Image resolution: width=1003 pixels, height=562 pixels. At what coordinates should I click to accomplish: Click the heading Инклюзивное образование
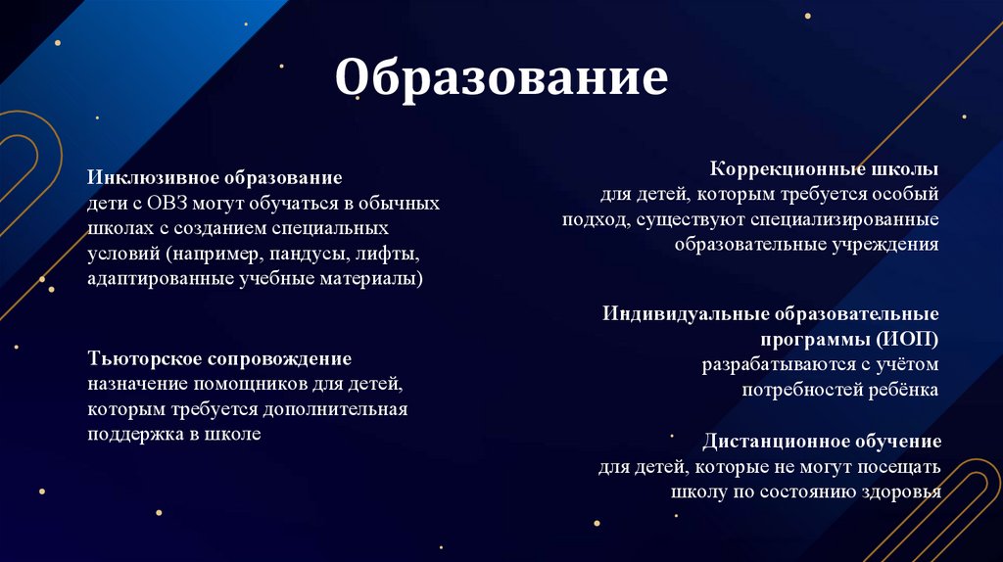(215, 179)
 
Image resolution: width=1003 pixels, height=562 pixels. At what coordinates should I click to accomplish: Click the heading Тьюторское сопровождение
(219, 358)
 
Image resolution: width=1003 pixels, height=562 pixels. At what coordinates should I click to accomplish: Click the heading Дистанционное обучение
(822, 441)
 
